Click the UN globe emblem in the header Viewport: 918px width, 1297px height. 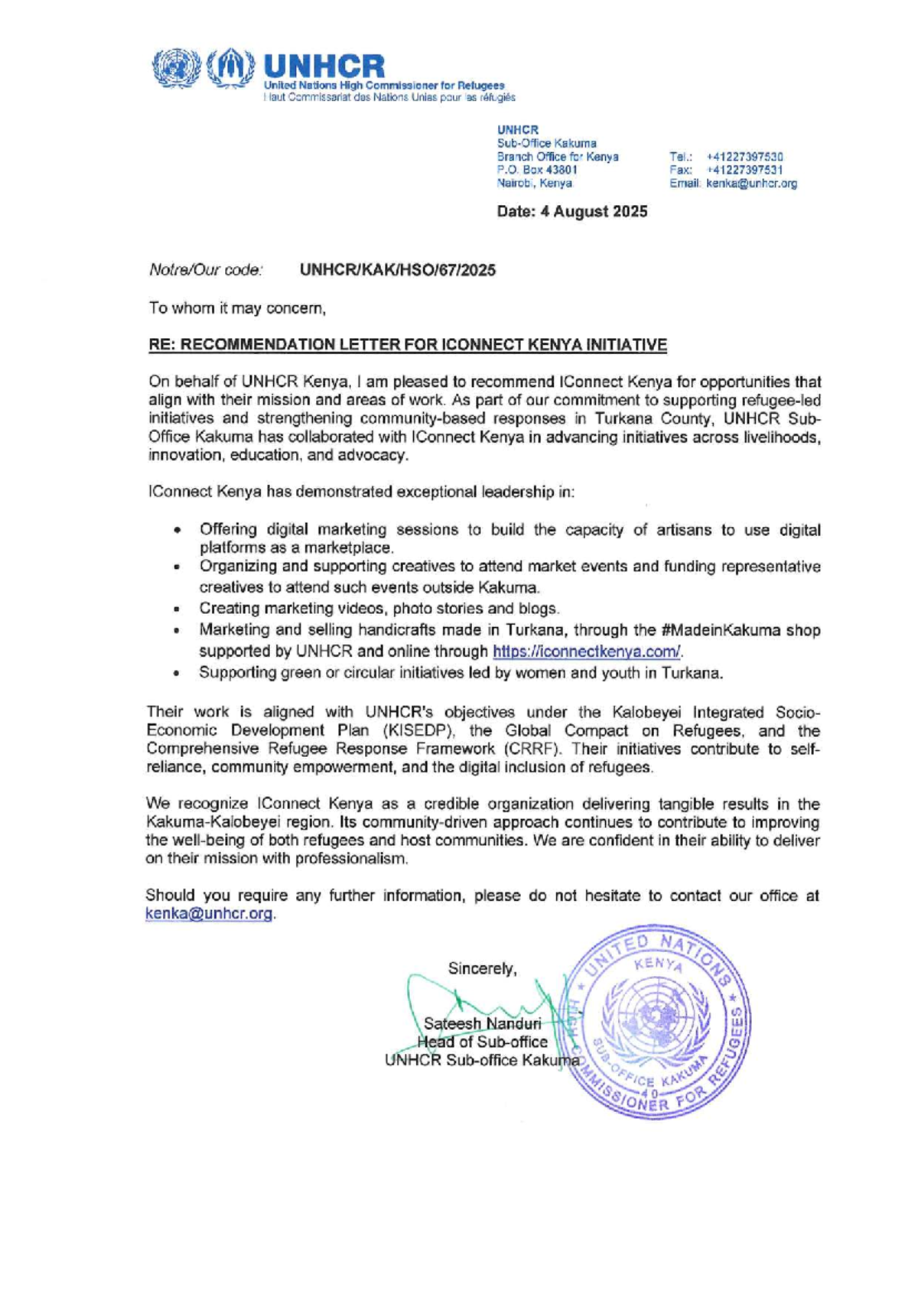[x=174, y=70]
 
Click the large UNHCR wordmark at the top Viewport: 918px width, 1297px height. [x=324, y=67]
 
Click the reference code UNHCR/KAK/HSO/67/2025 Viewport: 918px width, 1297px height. [x=397, y=270]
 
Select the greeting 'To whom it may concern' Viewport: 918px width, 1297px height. [x=238, y=308]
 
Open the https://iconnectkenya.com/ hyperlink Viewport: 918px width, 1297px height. [x=586, y=652]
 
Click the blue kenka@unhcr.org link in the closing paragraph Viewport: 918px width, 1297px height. [x=209, y=914]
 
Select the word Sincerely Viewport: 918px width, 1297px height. [x=482, y=968]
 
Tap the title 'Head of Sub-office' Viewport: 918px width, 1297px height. [x=482, y=1042]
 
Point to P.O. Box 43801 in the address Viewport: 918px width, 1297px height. [x=536, y=170]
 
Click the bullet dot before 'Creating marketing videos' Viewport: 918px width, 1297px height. [x=177, y=609]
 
